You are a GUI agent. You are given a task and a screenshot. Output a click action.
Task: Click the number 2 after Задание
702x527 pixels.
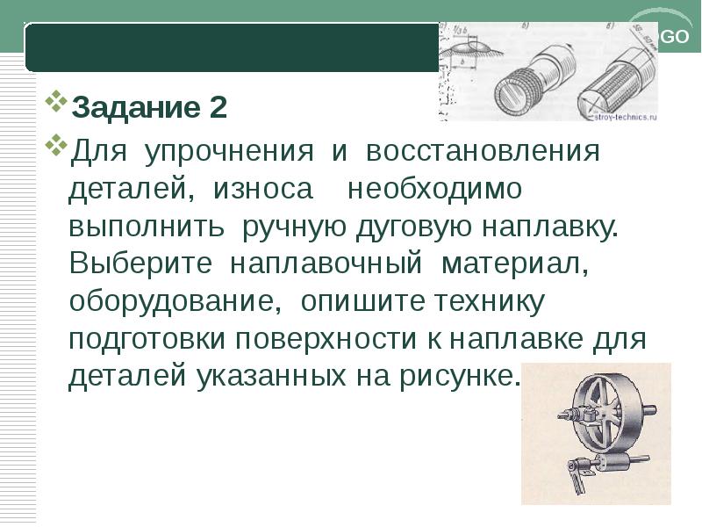(x=218, y=108)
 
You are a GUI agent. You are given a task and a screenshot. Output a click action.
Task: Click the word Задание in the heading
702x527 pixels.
(x=136, y=108)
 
